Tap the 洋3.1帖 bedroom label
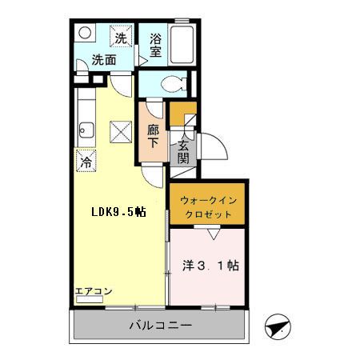[x=211, y=265]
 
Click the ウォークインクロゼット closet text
[x=206, y=208]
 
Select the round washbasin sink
[x=86, y=33]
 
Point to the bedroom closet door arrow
[x=212, y=234]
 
